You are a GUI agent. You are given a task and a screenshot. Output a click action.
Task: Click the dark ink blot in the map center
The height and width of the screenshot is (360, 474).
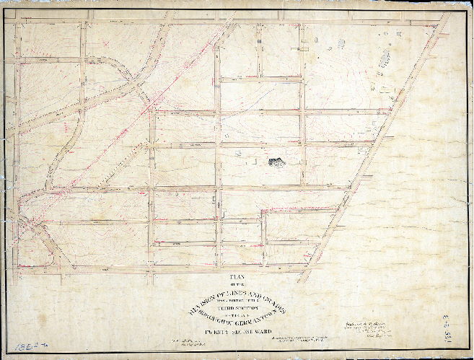click(276, 163)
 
